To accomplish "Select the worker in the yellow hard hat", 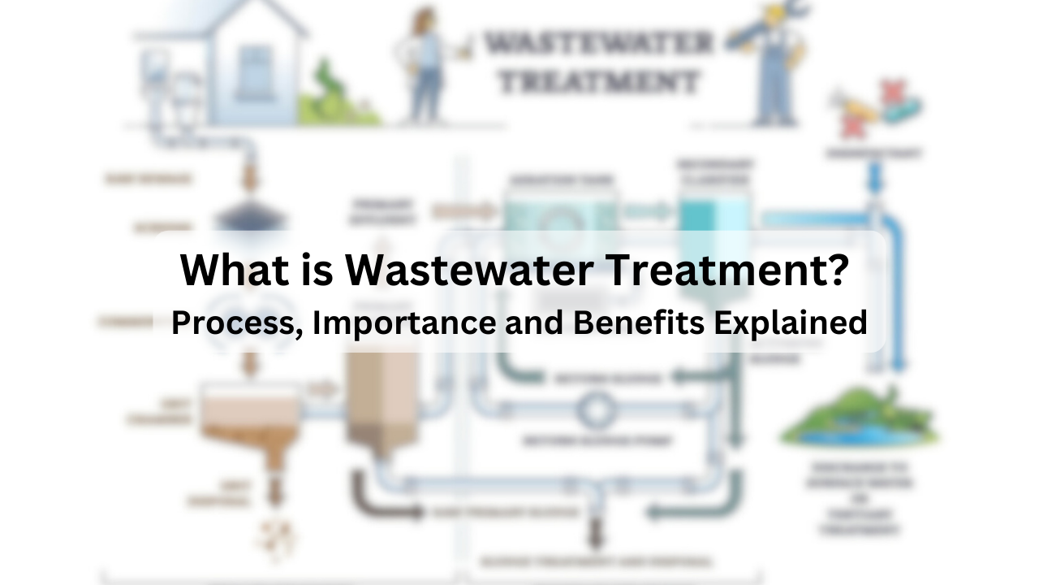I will coord(771,61).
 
